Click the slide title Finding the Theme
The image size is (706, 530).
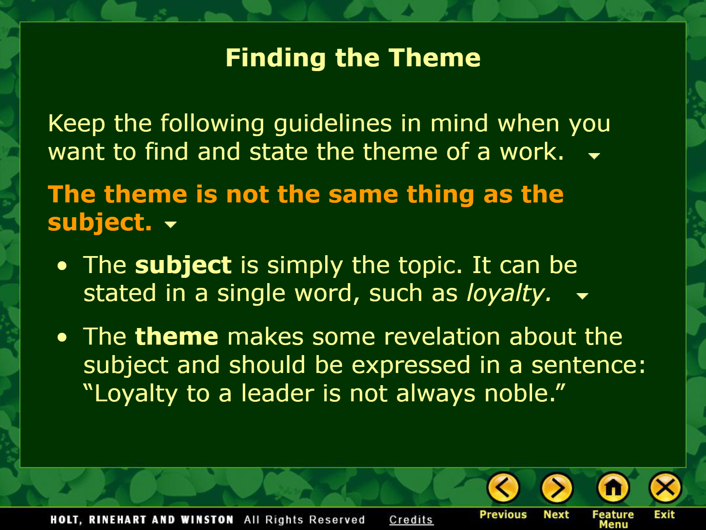tap(353, 58)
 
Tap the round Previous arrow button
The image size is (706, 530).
tap(503, 488)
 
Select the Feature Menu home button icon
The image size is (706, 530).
tap(613, 488)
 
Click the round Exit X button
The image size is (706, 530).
tap(665, 488)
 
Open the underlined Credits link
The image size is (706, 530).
tap(411, 520)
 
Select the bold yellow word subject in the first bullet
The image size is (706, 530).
tap(183, 266)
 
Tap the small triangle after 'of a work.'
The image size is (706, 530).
tap(594, 156)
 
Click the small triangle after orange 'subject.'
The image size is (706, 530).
tap(170, 224)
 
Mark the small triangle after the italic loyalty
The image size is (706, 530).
tap(582, 296)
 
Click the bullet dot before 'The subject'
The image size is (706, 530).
tap(62, 266)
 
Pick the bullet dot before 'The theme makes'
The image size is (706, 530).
tap(62, 337)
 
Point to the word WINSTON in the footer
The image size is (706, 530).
tap(207, 520)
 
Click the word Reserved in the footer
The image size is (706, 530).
tap(337, 520)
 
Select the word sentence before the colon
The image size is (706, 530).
tap(584, 365)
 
